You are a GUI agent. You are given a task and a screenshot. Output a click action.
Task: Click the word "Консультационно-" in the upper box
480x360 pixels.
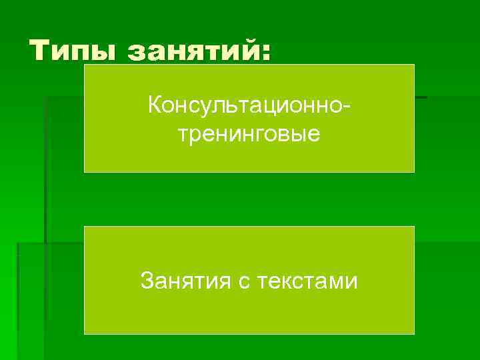[249, 105]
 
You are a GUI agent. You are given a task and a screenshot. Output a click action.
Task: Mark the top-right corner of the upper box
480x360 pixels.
[414, 65]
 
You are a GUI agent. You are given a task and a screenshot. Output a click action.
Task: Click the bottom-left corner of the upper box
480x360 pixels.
[84, 172]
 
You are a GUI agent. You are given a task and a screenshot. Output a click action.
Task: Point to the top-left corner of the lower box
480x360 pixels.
[84, 227]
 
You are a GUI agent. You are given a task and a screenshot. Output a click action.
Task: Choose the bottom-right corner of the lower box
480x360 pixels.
[414, 334]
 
